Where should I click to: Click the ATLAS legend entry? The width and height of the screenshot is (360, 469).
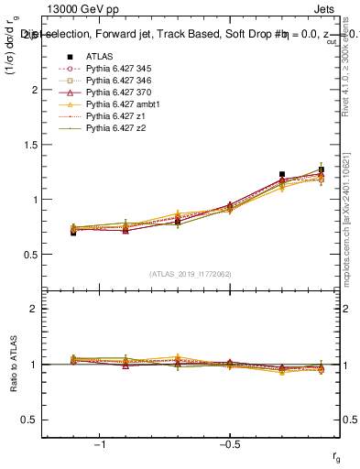[x=99, y=56]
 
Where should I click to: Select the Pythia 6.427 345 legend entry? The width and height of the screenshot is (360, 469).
[x=116, y=69]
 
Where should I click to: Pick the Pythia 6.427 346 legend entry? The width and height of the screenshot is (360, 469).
[x=116, y=81]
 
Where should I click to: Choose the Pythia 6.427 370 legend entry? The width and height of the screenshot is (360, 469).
[x=116, y=93]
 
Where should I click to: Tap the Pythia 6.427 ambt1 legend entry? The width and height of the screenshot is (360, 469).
[x=119, y=104]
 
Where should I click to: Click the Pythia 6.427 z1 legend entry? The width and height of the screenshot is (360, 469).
[x=112, y=116]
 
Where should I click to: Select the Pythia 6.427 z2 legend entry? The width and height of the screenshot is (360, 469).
[x=112, y=128]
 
